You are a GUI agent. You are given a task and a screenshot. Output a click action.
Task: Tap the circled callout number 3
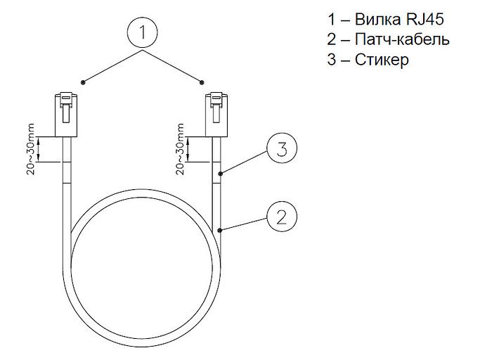pos(282,148)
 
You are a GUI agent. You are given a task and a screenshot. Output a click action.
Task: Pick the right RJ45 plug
pos(216,114)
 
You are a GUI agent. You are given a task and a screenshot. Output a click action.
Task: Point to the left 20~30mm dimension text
pos(32,150)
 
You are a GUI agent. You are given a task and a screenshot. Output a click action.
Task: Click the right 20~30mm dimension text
pos(182,150)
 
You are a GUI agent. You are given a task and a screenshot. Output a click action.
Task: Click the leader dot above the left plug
pos(83,82)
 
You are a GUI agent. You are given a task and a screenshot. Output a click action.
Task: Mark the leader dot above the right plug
pos(203,82)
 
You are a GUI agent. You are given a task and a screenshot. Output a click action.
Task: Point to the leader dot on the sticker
pos(220,172)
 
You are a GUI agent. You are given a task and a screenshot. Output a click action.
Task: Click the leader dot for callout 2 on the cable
pos(220,230)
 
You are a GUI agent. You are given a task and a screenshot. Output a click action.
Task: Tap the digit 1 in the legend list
pos(332,18)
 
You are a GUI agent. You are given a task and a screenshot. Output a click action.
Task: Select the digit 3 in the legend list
pos(332,60)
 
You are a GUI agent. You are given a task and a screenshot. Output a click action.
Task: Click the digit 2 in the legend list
pos(332,39)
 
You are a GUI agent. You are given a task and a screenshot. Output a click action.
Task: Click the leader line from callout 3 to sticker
pos(245,162)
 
